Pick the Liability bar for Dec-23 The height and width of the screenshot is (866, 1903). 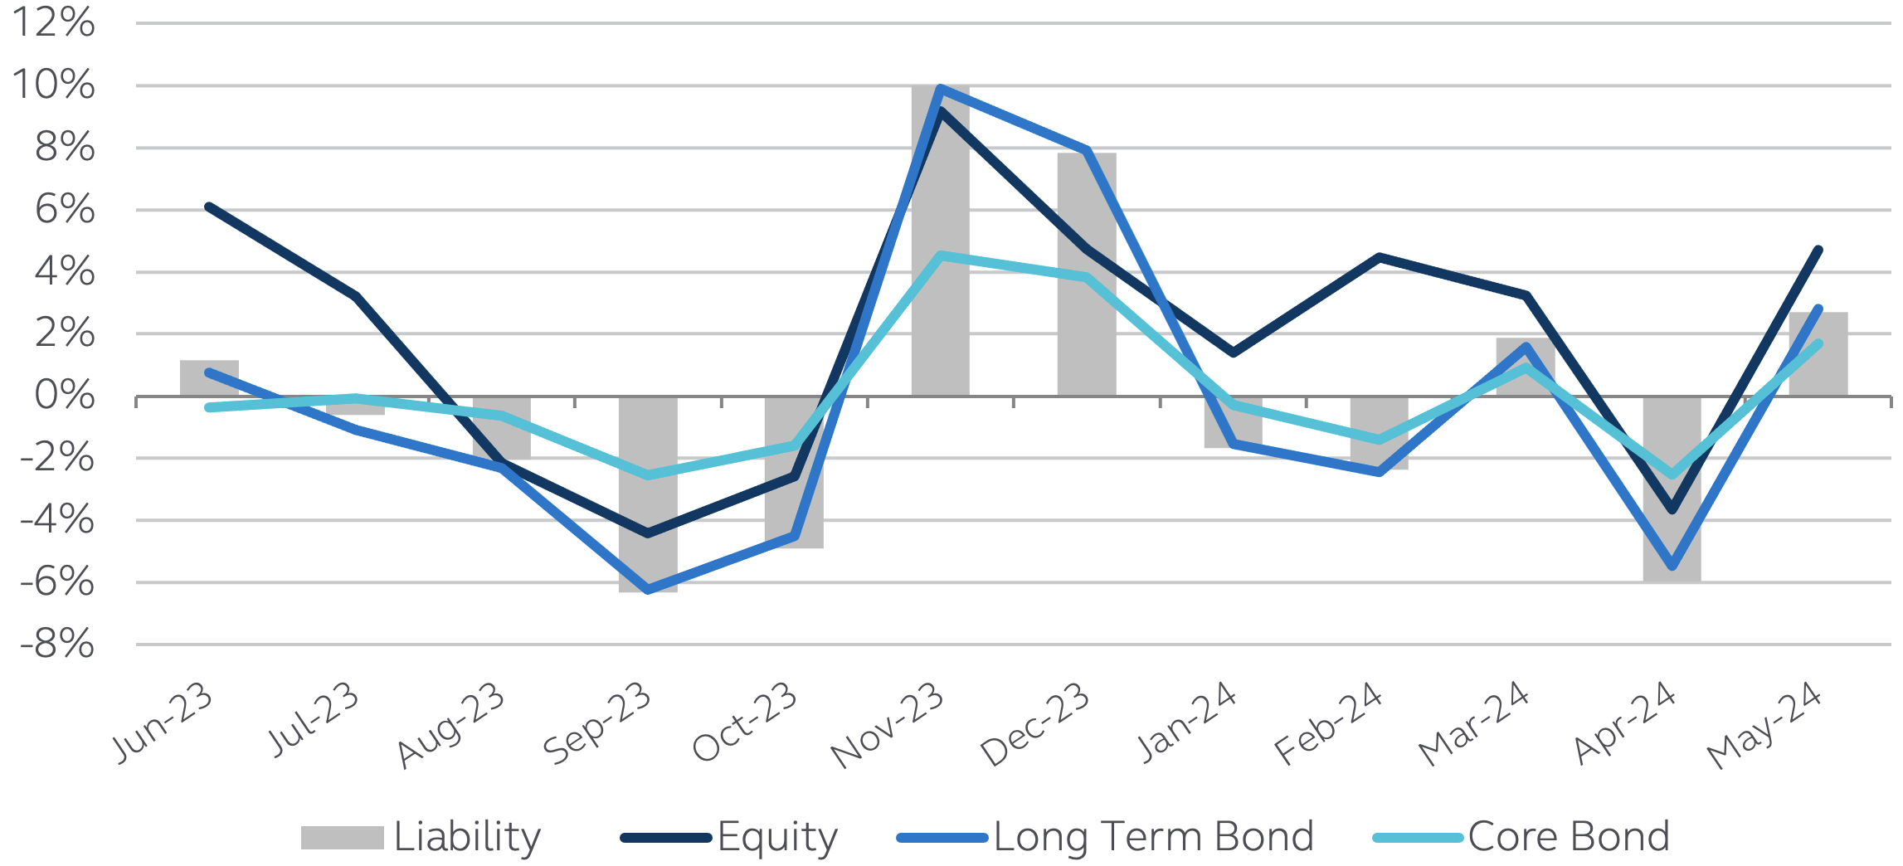(x=1086, y=332)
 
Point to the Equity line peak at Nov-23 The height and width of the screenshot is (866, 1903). (x=940, y=111)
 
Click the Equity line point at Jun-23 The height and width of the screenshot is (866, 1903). (x=209, y=207)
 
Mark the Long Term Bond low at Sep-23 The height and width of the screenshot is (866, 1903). (x=648, y=590)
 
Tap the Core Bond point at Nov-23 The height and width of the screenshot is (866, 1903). (x=940, y=255)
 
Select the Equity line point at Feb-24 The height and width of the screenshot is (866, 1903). (x=1379, y=258)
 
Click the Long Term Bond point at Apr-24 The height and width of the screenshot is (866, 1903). (x=1672, y=567)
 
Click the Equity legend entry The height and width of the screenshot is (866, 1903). (x=730, y=837)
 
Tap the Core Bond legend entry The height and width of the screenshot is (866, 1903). (x=1522, y=837)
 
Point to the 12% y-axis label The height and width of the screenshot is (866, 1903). (x=55, y=23)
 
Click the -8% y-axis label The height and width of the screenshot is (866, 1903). (x=57, y=644)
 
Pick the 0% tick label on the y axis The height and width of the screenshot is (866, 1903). (x=65, y=396)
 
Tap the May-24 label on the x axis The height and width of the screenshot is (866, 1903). (x=1764, y=724)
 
